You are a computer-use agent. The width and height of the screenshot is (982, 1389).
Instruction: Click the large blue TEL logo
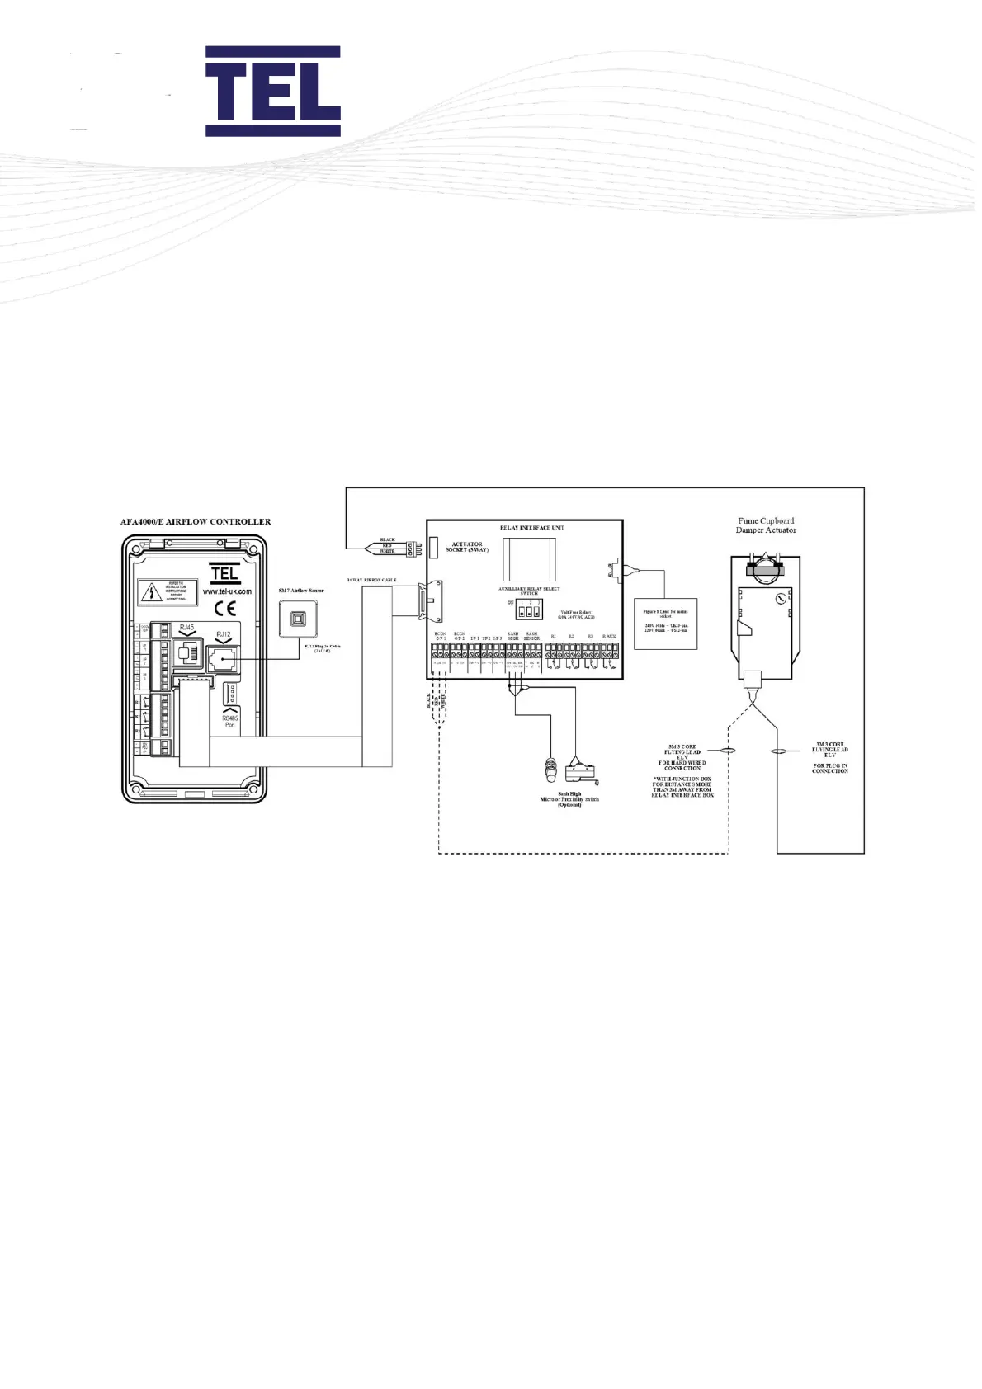272,91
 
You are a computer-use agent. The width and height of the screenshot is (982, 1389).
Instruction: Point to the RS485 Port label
230,721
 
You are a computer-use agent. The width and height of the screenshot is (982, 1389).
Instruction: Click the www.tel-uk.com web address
226,591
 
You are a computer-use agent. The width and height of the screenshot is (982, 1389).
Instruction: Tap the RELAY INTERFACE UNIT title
532,527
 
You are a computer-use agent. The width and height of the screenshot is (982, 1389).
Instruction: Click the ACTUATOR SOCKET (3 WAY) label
467,547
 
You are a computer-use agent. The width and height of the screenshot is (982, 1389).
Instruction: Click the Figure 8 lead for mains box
665,623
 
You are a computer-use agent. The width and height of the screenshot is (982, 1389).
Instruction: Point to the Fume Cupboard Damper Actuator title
766,525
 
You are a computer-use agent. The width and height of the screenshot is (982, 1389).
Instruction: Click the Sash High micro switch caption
569,798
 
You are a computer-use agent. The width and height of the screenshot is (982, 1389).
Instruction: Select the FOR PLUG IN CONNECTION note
829,768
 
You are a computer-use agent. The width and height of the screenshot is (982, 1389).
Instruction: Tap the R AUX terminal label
609,637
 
